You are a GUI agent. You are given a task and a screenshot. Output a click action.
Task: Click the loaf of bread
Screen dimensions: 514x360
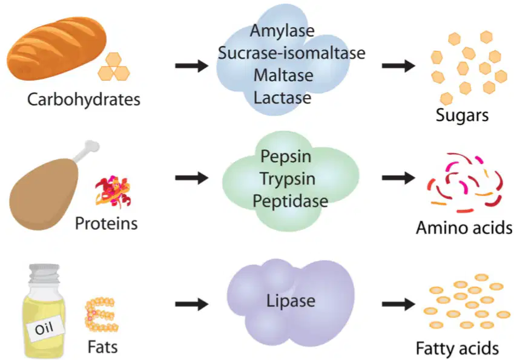57,48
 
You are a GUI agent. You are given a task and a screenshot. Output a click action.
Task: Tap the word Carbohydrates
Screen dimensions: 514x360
84,100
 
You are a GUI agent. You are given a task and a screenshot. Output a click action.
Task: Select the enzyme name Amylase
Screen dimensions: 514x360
282,31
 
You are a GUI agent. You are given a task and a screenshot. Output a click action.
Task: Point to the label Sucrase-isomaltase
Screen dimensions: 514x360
291,53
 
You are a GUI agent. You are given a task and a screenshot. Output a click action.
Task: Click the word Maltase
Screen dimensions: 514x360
283,76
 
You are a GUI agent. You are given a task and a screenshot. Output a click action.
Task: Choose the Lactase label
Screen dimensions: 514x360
282,97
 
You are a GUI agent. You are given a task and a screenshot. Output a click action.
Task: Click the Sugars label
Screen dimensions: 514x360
462,116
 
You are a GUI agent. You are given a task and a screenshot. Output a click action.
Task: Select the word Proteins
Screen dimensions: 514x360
106,223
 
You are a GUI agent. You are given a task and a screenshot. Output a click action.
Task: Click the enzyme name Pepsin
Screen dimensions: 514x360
286,157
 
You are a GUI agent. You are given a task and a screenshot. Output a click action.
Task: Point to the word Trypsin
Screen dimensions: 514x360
288,180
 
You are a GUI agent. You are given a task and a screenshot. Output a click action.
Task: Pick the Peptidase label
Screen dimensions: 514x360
290,201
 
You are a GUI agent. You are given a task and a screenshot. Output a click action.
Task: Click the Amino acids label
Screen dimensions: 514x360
464,227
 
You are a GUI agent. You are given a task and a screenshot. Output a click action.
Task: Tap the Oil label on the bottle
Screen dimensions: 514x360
44,328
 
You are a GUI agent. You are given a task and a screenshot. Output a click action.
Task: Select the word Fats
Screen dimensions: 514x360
102,347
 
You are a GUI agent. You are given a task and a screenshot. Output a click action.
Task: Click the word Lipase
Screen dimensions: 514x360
291,301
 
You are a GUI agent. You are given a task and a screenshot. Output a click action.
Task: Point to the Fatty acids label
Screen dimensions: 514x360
457,349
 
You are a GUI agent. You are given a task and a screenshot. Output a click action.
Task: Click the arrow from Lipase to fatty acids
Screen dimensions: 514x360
398,304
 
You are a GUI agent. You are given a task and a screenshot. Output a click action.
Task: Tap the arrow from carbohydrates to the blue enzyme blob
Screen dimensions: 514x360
192,66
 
